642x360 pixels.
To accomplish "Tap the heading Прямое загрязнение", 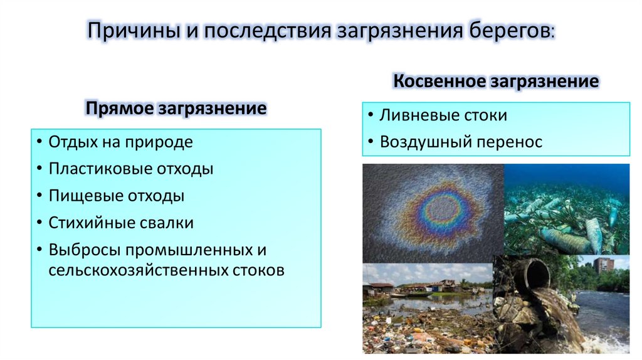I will pyautogui.click(x=176, y=109).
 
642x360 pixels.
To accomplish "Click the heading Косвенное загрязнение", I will pyautogui.click(x=495, y=82).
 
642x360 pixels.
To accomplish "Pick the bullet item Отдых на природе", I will pyautogui.click(x=120, y=142).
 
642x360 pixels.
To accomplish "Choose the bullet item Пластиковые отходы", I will pyautogui.click(x=131, y=169).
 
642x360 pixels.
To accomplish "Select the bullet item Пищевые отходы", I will pyautogui.click(x=117, y=196).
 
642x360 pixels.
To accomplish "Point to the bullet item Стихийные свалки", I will pyautogui.click(x=121, y=223).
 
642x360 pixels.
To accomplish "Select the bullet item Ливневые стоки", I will pyautogui.click(x=443, y=115).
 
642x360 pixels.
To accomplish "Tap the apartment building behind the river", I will pyautogui.click(x=603, y=265).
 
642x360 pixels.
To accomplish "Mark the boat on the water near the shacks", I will pyautogui.click(x=411, y=294).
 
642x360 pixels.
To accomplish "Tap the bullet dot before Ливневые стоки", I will pyautogui.click(x=371, y=116).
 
